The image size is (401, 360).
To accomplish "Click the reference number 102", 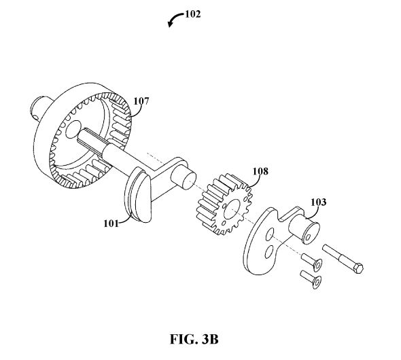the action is [x=193, y=14].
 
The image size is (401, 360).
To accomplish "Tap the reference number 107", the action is [x=141, y=101].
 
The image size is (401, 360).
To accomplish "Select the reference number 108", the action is [x=260, y=171].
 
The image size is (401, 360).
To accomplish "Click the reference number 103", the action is [x=318, y=202].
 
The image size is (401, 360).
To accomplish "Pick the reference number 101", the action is [x=111, y=223].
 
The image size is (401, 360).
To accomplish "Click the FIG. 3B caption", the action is [x=194, y=339].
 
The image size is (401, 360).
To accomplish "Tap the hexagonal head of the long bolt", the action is [x=359, y=268].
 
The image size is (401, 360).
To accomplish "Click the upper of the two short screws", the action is [x=312, y=262].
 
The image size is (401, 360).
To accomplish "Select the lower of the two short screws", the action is [x=311, y=279].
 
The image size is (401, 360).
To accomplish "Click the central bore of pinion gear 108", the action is [x=232, y=209].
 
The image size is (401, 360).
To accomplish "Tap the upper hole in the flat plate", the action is [x=270, y=234].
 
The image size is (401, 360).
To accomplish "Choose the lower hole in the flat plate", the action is [x=269, y=252].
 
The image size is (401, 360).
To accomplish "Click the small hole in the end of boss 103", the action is [x=308, y=238].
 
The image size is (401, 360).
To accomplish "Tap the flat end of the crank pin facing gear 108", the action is [x=190, y=181].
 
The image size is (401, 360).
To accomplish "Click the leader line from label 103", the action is [x=313, y=213].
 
